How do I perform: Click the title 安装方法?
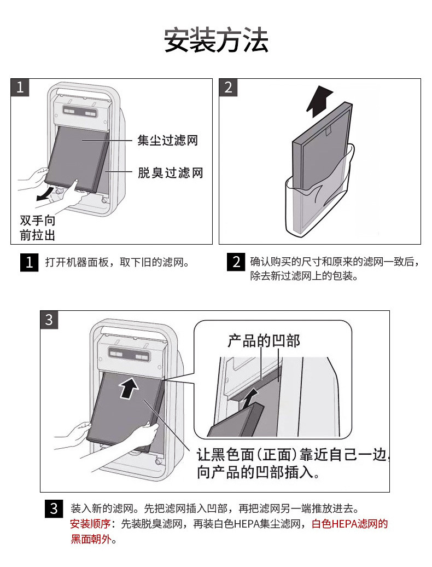click(216, 41)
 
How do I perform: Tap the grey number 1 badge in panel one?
click(20, 88)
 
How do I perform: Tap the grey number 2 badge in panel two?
click(228, 88)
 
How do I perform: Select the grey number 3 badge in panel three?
click(49, 320)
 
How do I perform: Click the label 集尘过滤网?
click(167, 141)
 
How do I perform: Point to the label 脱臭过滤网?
click(170, 173)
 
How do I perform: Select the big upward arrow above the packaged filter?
click(320, 101)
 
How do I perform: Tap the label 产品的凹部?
click(264, 341)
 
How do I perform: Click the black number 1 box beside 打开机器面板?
click(29, 262)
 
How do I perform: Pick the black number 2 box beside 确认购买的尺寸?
click(236, 262)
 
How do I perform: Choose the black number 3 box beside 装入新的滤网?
click(54, 509)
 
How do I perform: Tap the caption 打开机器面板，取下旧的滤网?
click(117, 262)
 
